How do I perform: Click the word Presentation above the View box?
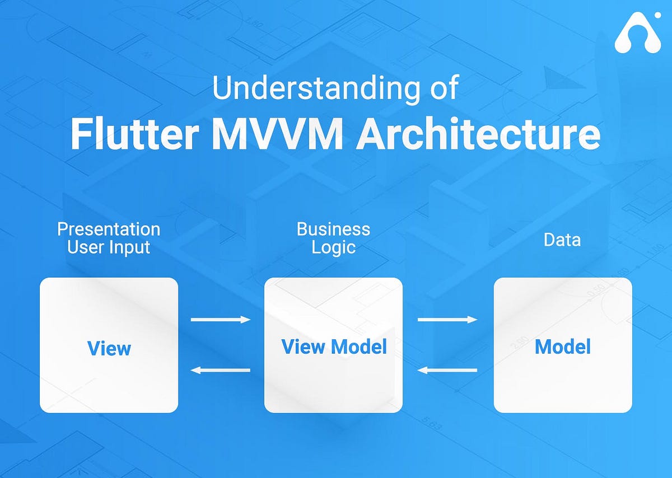109,229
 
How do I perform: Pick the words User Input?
109,247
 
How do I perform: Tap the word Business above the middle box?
333,229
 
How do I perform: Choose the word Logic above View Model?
333,247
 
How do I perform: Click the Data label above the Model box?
562,240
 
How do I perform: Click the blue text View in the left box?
109,348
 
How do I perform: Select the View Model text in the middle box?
334,347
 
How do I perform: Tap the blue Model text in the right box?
562,347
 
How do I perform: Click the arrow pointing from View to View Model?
220,320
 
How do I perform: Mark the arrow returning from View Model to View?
220,370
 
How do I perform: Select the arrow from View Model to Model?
447,320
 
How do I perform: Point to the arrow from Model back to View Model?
447,370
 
